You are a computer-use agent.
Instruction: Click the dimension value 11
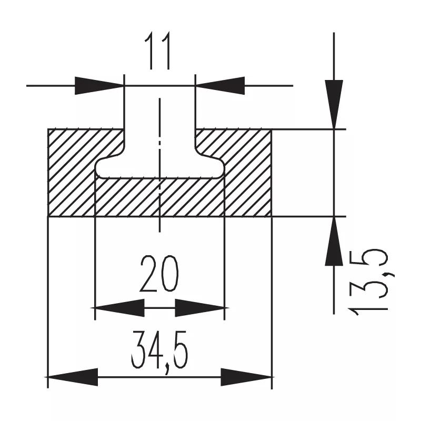click(158, 51)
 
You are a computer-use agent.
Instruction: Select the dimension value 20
click(159, 274)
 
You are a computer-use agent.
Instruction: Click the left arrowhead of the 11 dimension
click(99, 86)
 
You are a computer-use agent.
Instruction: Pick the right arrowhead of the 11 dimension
click(220, 86)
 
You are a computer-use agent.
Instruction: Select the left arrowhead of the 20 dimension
click(120, 308)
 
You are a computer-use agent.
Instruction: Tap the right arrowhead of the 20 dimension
click(199, 308)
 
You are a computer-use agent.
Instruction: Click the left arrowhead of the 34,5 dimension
click(73, 377)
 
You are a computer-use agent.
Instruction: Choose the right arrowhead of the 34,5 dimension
click(246, 377)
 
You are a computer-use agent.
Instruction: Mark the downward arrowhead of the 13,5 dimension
click(334, 104)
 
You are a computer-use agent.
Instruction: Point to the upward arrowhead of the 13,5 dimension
click(334, 241)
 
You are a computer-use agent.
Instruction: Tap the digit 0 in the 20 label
click(169, 274)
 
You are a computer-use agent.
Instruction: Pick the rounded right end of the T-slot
click(220, 168)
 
